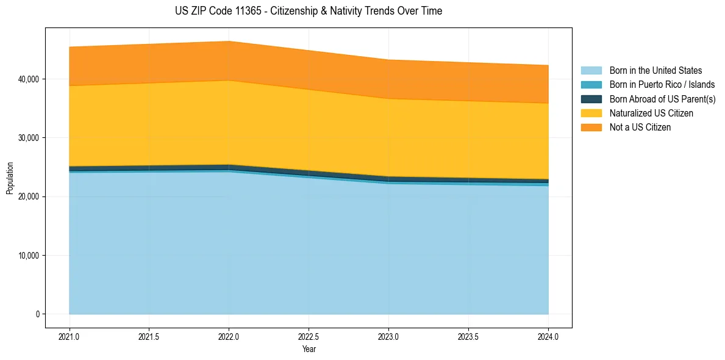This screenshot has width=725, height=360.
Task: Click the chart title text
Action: tap(308, 11)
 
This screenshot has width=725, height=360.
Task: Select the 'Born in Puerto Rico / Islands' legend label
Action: tap(662, 85)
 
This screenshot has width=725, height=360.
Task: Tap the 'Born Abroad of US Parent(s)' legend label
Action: tap(662, 99)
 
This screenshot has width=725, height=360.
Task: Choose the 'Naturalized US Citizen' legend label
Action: tap(651, 113)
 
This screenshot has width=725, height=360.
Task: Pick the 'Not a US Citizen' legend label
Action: tap(640, 128)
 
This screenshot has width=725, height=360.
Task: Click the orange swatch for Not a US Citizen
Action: tap(591, 128)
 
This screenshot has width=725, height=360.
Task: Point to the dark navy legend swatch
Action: tap(591, 99)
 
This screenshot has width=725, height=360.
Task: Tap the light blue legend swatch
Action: tap(591, 71)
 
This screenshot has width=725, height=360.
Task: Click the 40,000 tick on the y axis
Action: tap(27, 79)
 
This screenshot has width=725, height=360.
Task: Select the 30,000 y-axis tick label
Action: tap(27, 138)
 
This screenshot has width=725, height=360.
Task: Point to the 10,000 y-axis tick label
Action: tap(27, 256)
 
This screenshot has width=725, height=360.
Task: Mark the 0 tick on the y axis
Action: tap(37, 314)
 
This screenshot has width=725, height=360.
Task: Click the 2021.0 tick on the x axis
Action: tap(70, 337)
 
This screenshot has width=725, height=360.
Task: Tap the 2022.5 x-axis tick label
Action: tap(309, 337)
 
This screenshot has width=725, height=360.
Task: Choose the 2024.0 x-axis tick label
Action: tap(548, 337)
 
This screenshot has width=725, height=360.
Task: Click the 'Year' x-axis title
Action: tap(309, 349)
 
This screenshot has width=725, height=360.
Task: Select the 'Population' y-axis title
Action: tap(10, 178)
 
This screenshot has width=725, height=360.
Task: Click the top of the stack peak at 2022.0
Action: tap(229, 41)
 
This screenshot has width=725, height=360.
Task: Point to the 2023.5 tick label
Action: tap(468, 337)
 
